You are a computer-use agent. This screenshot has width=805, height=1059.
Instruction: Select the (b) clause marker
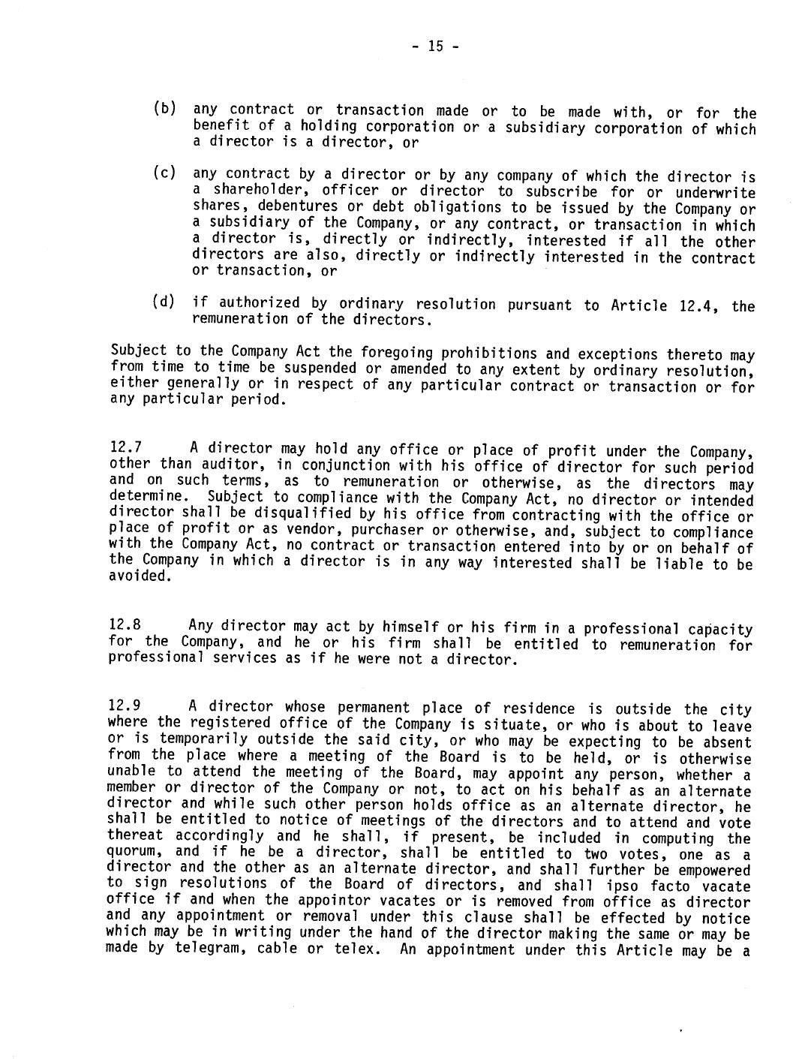pos(164,108)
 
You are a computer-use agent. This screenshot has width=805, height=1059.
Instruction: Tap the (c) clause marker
pos(164,173)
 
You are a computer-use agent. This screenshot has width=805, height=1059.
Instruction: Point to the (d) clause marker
pos(164,302)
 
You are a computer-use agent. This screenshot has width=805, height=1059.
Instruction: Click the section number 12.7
pos(125,448)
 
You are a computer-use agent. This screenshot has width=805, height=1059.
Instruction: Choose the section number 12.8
pos(125,625)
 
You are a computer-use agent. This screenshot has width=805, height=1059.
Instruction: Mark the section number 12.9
pos(125,705)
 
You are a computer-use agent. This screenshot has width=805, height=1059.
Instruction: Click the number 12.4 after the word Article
pos(695,305)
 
